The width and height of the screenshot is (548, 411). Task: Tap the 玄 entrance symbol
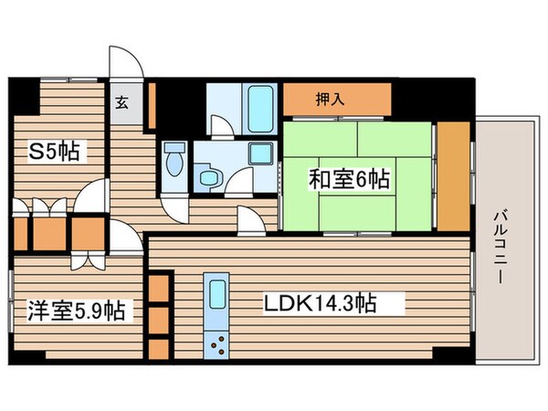(121, 102)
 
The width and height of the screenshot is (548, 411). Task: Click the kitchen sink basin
(218, 296)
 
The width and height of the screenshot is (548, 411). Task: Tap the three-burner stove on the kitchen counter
(219, 344)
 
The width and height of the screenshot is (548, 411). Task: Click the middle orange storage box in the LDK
(159, 319)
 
